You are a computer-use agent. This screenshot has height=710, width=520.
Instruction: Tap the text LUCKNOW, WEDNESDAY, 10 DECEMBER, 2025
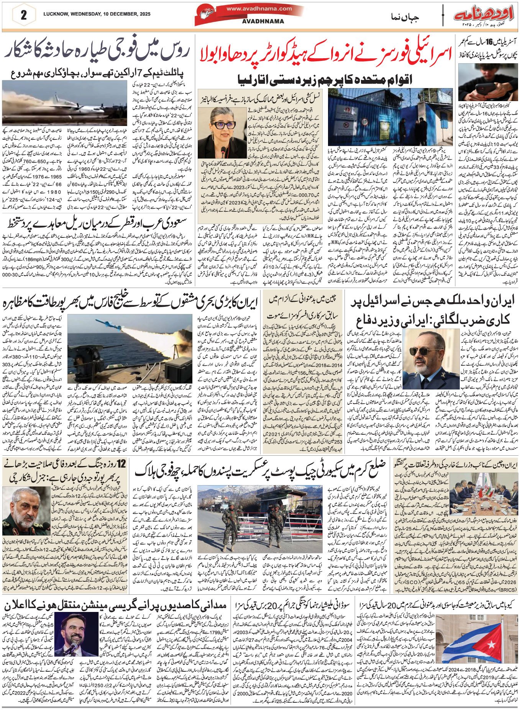click(x=97, y=14)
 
